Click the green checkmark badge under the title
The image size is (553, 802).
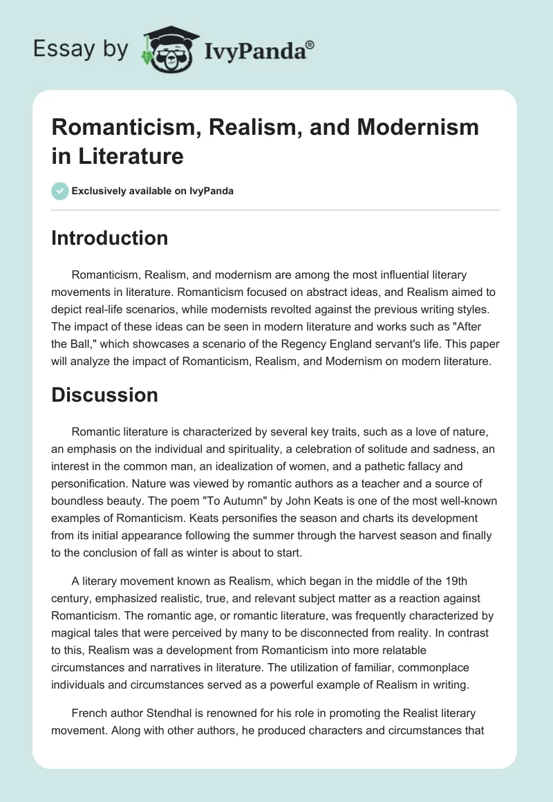click(x=60, y=191)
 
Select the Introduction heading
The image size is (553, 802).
click(x=110, y=238)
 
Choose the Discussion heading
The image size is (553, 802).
click(x=105, y=395)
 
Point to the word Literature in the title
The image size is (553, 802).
click(x=124, y=156)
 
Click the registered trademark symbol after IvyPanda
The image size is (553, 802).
click(x=310, y=44)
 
